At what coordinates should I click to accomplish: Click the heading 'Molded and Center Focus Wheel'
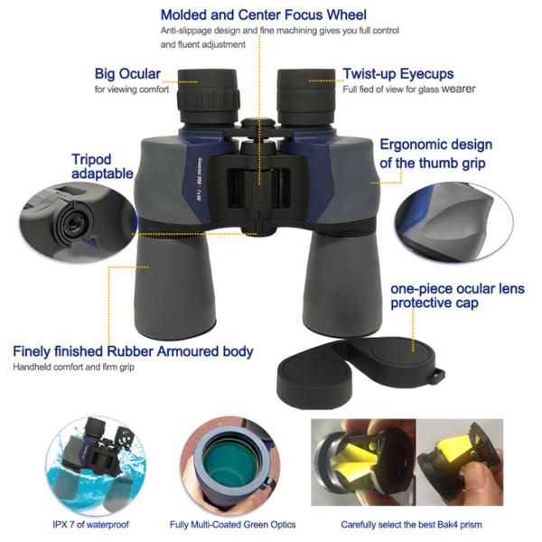click(x=263, y=14)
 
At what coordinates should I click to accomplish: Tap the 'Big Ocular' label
click(x=128, y=73)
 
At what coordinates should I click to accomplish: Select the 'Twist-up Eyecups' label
click(x=397, y=73)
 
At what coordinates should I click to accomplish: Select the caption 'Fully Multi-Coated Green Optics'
click(x=231, y=524)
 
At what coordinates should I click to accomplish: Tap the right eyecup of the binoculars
click(x=306, y=90)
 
